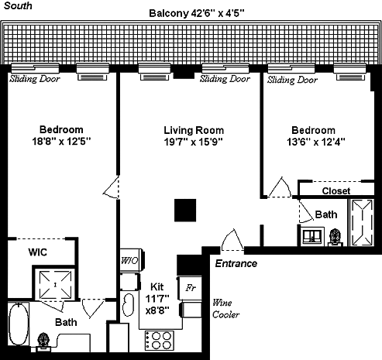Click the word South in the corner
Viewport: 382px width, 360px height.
point(18,5)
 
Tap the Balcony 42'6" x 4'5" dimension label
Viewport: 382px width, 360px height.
point(197,13)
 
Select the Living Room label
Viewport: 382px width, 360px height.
point(194,130)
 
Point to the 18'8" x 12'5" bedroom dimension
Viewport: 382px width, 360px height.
point(61,141)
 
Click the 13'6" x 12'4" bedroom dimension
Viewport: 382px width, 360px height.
point(316,142)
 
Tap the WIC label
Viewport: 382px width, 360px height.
point(38,252)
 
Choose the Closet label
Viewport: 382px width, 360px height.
point(336,190)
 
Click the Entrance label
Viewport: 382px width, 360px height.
point(236,263)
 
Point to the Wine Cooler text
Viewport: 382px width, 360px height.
point(225,308)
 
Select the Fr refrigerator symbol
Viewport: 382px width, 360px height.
point(191,288)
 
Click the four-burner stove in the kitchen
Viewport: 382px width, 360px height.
point(159,340)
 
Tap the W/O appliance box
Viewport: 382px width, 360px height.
point(131,260)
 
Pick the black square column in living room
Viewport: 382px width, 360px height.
point(185,211)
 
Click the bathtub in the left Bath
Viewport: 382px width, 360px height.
point(19,324)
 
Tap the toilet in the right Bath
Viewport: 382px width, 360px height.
point(335,238)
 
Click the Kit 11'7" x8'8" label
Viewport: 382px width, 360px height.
point(157,298)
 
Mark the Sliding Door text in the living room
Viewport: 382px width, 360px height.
point(225,79)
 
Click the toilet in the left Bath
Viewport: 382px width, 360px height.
point(43,342)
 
